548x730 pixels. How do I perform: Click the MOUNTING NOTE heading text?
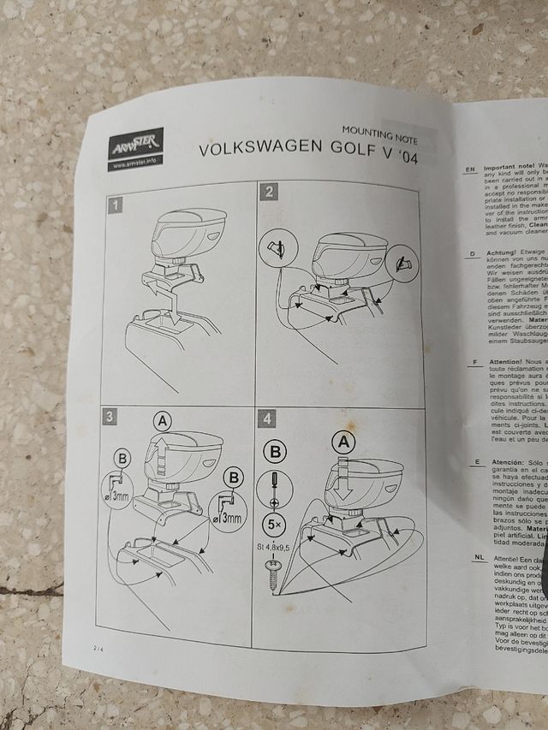tap(379, 135)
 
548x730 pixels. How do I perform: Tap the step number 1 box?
tap(116, 205)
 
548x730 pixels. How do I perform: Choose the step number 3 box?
tap(109, 417)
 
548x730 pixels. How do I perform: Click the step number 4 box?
tap(267, 419)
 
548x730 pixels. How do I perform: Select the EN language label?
tap(469, 169)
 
